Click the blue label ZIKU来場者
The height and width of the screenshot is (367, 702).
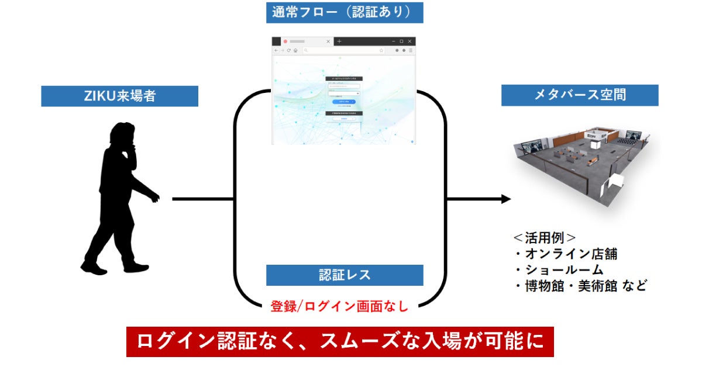coord(119,96)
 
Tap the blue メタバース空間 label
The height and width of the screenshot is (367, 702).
coord(579,95)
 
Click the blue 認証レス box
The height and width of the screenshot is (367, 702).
coord(344,275)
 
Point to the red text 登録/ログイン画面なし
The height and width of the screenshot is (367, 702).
coord(339,306)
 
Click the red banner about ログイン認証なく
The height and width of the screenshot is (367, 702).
coord(340,342)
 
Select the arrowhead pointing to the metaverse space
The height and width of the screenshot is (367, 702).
coord(505,199)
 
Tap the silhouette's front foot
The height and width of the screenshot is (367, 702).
coord(137,268)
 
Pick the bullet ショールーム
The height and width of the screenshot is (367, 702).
coord(559,271)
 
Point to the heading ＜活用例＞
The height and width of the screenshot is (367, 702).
coord(545,238)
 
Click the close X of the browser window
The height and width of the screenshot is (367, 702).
coord(410,41)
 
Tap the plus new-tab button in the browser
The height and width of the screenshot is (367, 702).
coord(339,41)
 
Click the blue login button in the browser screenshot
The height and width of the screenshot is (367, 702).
coord(343,101)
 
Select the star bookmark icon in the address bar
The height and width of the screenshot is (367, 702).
coord(381,51)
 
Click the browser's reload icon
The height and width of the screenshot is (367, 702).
coord(288,51)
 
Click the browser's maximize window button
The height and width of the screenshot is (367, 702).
coord(401,41)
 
